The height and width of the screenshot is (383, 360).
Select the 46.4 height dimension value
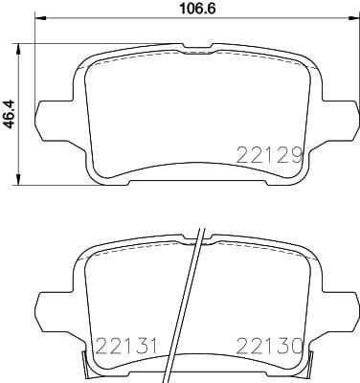click(x=11, y=114)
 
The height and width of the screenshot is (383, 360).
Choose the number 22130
click(x=271, y=346)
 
